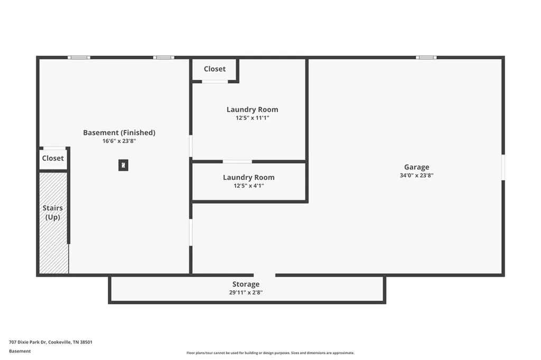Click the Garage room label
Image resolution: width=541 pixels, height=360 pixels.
point(416,167)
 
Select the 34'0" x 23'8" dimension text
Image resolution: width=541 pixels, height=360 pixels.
point(416,176)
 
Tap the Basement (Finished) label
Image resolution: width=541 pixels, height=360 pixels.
point(119,133)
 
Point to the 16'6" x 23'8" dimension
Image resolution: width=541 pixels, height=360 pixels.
point(119,141)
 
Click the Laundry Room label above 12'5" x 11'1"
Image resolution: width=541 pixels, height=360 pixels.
point(252,110)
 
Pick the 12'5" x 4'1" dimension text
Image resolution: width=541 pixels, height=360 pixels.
point(249,186)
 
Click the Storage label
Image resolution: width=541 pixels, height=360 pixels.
point(246,284)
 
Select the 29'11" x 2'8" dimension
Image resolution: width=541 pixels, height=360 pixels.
point(246,292)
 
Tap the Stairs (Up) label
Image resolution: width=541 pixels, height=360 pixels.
point(53,212)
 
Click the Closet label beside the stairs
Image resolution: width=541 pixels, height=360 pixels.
point(53,158)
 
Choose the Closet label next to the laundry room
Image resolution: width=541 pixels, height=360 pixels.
point(214,69)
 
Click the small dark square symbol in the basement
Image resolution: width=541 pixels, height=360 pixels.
point(123,165)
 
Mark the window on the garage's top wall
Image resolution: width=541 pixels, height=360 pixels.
point(426,58)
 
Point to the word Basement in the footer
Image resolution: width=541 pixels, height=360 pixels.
point(20,351)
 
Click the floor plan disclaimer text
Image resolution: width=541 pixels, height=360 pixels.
point(270,353)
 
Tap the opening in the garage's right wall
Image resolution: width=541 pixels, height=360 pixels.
point(503,167)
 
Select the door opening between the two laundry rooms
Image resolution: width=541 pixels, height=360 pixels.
point(237,162)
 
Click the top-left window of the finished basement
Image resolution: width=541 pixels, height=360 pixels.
point(79,58)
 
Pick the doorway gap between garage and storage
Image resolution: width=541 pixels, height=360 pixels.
point(265,275)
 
